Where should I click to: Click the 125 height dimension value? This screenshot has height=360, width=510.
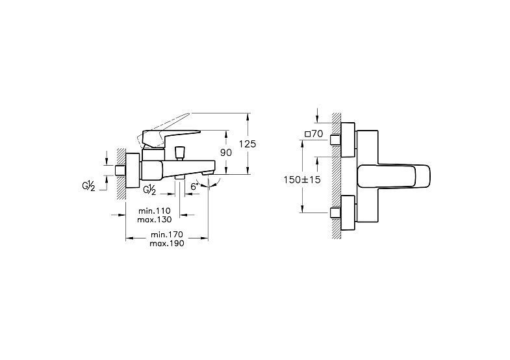pos(248,144)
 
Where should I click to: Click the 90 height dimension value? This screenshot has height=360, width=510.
pos(226,153)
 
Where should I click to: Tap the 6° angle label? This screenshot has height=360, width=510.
pos(194,186)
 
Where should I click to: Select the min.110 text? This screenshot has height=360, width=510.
pos(155,211)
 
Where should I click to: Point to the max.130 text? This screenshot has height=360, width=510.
pos(154,220)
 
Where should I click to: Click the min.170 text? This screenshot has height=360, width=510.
pos(167,235)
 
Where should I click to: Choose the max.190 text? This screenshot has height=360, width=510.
pos(167,243)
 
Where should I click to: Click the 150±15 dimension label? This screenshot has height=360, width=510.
pos(302,179)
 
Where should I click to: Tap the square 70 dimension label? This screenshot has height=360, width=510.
pos(314,134)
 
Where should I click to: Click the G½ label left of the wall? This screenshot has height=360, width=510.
pos(88,186)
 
